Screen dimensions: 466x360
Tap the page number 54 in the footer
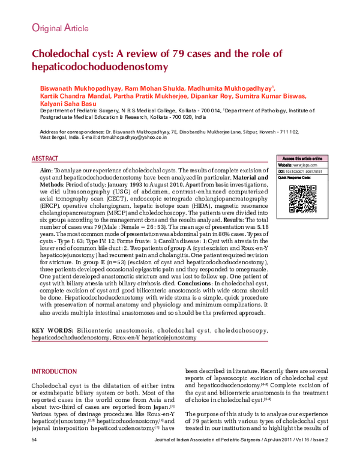[x=35, y=457]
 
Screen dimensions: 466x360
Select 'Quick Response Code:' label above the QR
[x=295, y=178]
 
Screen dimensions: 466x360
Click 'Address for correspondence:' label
[x=71, y=131]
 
